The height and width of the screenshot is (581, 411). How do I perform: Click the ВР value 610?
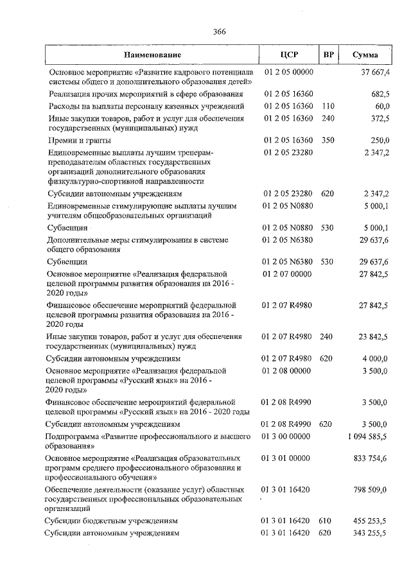point(328,521)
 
